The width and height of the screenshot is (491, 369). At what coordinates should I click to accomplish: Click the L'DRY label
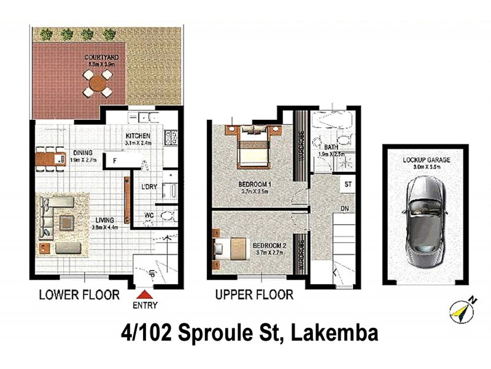pos(149,187)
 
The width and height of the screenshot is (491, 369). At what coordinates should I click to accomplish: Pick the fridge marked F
pos(114,161)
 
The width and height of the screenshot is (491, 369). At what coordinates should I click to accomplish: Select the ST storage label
pos(347,184)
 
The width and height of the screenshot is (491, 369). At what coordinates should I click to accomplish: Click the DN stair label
pos(345,208)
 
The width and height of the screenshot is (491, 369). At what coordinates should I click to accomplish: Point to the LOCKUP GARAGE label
pos(426,160)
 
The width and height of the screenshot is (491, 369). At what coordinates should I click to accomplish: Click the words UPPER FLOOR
pos(253,295)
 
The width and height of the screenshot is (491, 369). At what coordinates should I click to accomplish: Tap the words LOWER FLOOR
pos(79,295)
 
